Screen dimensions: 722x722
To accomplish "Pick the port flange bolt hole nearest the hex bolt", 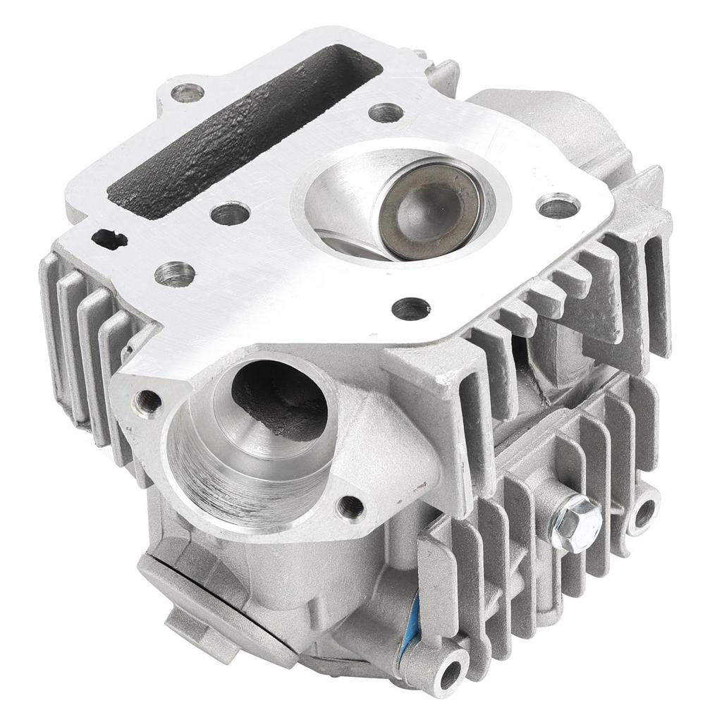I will pos(350,505).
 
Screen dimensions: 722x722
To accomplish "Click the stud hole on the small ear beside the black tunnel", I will pos(186,91).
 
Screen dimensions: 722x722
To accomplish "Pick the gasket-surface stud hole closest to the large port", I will pos(410,307).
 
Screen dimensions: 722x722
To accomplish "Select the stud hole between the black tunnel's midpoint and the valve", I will pos(229,213).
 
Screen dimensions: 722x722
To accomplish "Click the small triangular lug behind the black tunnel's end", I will pos(442,73).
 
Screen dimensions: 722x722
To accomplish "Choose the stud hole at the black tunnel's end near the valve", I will pos(385,112).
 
